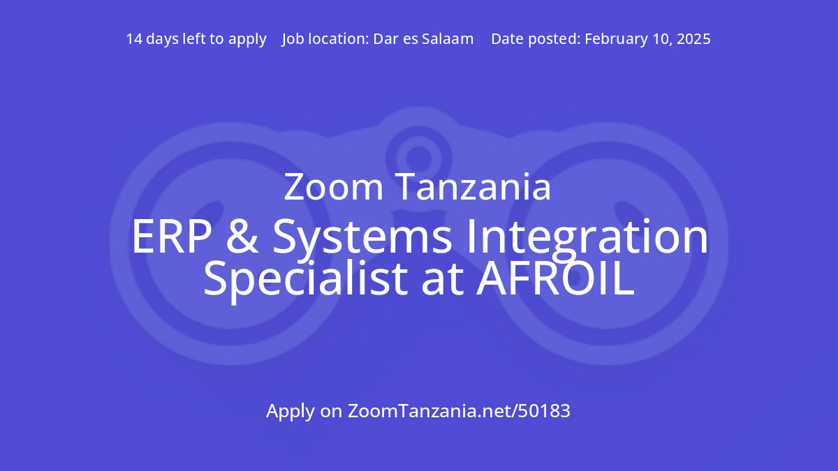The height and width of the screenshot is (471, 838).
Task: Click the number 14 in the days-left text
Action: pos(135,39)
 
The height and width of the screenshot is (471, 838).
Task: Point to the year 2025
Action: pos(693,39)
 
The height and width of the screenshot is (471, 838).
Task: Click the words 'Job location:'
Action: pos(324,39)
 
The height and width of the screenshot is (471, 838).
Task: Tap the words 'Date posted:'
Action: pos(535,39)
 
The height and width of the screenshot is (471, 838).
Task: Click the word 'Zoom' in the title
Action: pos(334,188)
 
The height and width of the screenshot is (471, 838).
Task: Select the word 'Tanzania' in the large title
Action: pos(473,188)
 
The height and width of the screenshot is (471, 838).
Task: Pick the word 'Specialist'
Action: pos(304,279)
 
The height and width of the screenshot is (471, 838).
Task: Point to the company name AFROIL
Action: pos(555,278)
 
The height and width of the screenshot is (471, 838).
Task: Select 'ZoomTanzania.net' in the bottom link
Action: pos(430,411)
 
